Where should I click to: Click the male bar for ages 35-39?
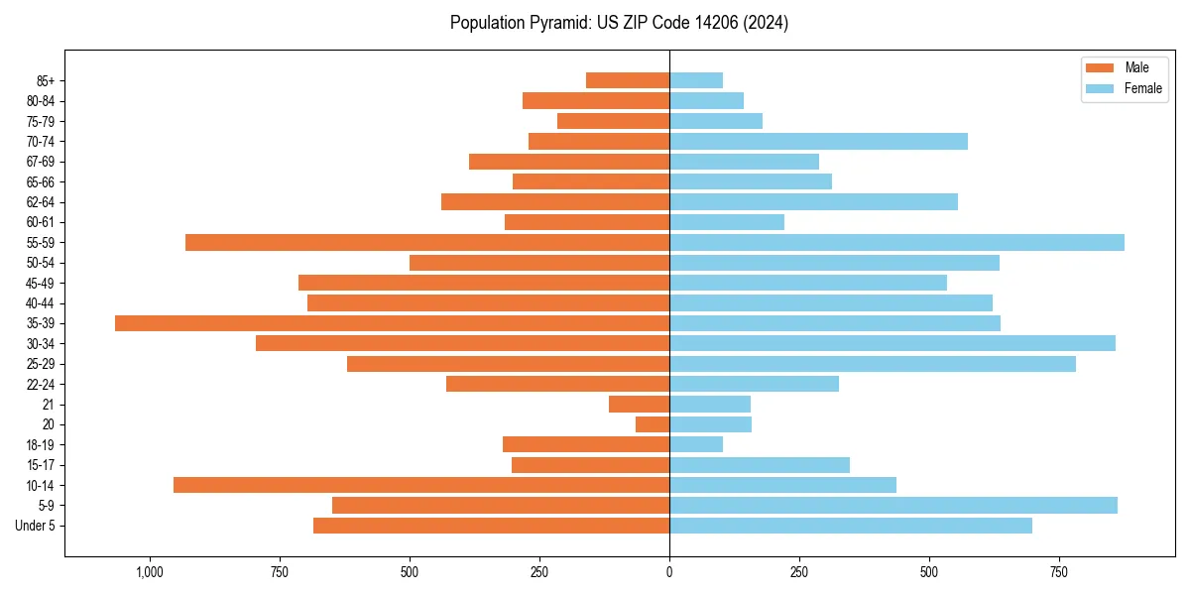tap(392, 323)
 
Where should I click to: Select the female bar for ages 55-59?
tap(896, 242)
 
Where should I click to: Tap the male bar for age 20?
tap(653, 424)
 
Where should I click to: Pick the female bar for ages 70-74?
tap(818, 141)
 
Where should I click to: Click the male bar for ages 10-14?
tap(421, 485)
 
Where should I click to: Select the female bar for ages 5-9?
tap(892, 505)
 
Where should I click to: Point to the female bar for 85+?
tap(696, 80)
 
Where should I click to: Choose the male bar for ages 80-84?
tap(596, 100)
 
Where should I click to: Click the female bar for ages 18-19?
tap(696, 444)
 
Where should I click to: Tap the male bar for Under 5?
tap(491, 526)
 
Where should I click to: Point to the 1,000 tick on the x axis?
tap(150, 572)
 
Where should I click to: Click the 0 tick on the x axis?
tap(669, 572)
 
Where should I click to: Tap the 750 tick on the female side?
tap(1059, 572)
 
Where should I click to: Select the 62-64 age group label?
tap(41, 202)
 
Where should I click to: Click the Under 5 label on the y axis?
tap(36, 526)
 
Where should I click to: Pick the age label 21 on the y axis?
tap(49, 405)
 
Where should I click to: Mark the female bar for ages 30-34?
tap(892, 343)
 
